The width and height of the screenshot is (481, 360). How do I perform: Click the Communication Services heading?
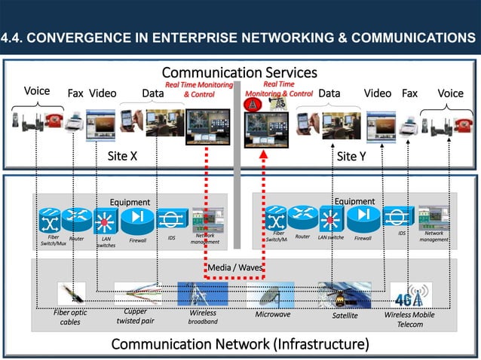click(239, 72)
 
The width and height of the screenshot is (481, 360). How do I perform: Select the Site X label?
click(122, 156)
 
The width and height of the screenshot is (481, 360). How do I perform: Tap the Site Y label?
click(351, 156)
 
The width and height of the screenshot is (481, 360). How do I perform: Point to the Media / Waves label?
click(234, 267)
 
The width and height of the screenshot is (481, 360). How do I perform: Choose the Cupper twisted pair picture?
click(136, 294)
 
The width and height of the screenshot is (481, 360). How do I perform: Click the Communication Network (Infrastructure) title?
click(240, 344)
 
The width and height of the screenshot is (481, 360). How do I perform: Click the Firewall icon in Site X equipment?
click(137, 220)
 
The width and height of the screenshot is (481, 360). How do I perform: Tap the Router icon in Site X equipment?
click(76, 220)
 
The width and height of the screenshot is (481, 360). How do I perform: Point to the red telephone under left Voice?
click(55, 120)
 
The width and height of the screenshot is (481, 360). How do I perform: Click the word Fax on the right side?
click(409, 93)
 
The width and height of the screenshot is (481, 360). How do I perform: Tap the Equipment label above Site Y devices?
click(354, 201)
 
